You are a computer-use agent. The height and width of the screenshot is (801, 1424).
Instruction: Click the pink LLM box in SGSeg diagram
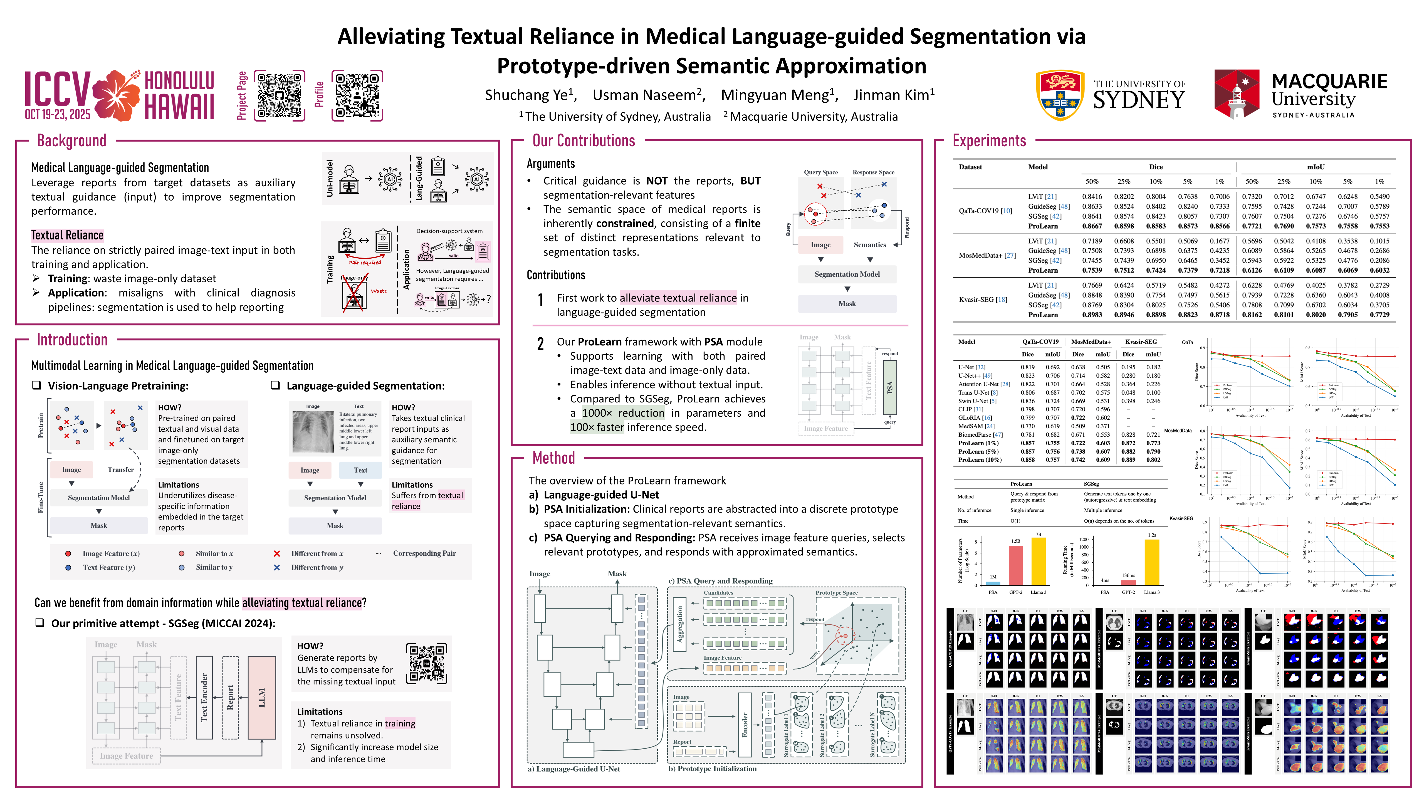pyautogui.click(x=262, y=698)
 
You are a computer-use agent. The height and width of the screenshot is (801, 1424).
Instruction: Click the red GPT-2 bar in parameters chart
pyautogui.click(x=1015, y=565)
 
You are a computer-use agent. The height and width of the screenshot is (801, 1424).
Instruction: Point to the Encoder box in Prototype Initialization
pyautogui.click(x=745, y=725)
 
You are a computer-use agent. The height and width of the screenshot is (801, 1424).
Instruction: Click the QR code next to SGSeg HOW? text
pyautogui.click(x=426, y=664)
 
